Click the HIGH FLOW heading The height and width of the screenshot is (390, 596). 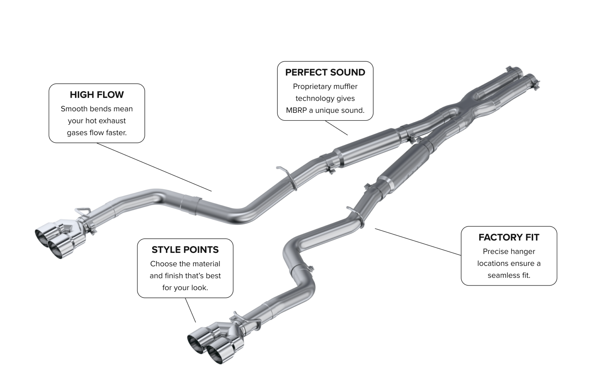97,95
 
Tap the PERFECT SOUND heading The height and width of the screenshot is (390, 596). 325,72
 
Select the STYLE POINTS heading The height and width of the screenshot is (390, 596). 185,250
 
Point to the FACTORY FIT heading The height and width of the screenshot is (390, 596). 509,237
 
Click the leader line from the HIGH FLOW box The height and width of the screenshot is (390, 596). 154,167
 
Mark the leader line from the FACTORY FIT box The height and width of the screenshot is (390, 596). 418,242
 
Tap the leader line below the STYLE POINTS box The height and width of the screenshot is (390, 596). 190,310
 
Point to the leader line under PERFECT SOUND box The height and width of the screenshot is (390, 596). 336,128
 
